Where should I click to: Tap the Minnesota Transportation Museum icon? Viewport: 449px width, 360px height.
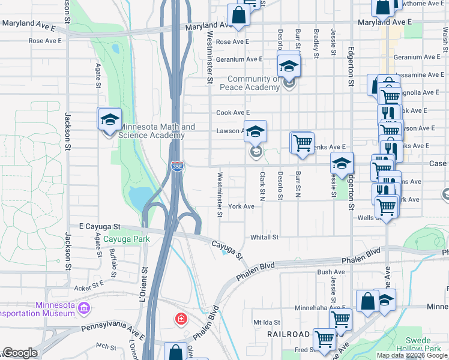click(85, 309)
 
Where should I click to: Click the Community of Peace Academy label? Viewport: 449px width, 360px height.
click(253, 83)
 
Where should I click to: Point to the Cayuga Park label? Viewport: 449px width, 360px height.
click(126, 239)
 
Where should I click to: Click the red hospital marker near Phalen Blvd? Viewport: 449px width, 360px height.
click(180, 319)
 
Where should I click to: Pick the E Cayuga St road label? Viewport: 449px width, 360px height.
click(100, 227)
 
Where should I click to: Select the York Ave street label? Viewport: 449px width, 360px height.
click(241, 206)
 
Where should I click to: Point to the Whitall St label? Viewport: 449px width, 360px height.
click(265, 237)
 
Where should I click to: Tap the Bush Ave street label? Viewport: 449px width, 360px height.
click(331, 272)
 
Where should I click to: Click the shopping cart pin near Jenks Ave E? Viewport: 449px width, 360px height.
click(302, 143)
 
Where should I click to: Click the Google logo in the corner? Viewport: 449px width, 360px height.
click(20, 353)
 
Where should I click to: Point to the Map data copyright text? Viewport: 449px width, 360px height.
click(412, 355)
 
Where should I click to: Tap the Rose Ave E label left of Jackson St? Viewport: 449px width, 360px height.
click(46, 41)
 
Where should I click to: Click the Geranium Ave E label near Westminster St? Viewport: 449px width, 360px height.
click(240, 59)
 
